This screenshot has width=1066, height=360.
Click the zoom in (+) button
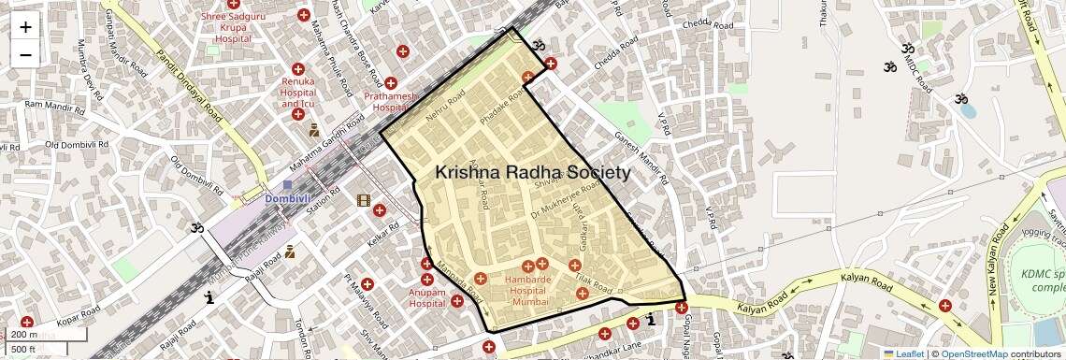25,27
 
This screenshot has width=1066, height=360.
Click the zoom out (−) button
25,54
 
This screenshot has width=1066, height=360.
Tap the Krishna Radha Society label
532,173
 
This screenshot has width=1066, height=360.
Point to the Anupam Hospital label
426,297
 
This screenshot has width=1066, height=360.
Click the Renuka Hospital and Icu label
298,92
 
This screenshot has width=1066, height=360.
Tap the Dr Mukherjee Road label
556,208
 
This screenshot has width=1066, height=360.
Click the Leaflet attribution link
902,353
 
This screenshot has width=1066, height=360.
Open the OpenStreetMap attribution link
974,353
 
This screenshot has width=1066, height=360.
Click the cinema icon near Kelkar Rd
364,200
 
